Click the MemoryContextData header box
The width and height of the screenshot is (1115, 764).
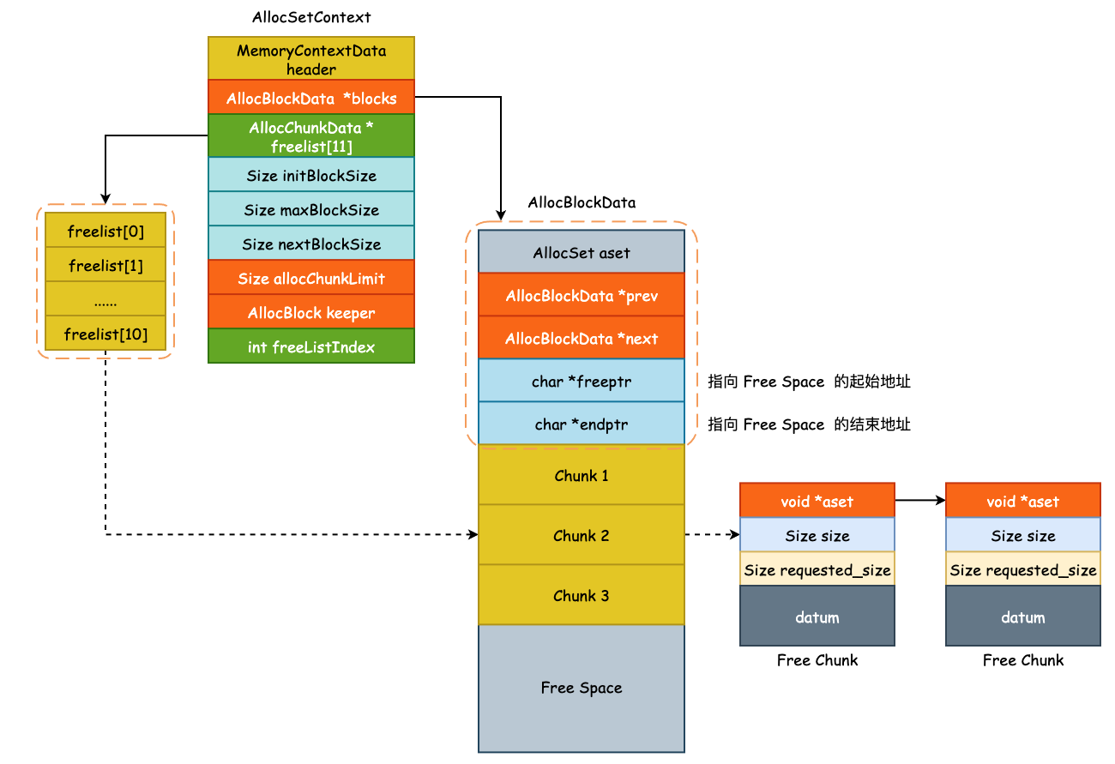(310, 59)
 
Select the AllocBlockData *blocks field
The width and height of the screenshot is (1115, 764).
(310, 99)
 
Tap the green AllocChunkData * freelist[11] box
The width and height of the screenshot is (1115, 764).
(310, 136)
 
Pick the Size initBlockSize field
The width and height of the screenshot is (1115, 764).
(310, 176)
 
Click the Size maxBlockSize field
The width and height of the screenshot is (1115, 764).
(310, 210)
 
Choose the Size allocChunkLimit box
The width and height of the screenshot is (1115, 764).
(310, 279)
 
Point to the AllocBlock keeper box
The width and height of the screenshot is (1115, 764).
(310, 313)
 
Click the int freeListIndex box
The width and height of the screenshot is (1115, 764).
(310, 347)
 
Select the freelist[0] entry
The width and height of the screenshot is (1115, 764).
(105, 232)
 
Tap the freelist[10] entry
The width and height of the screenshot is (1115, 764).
(105, 334)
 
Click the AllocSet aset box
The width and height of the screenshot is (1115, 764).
(581, 253)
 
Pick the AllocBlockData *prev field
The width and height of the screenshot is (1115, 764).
(581, 296)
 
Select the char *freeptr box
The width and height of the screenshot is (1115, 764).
(581, 382)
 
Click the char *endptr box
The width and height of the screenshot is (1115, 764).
(581, 424)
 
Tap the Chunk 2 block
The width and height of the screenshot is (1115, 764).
(581, 536)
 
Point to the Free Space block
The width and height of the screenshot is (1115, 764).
(581, 688)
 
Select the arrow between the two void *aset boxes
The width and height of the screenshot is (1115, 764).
(919, 501)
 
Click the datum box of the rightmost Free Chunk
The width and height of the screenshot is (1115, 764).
(1022, 617)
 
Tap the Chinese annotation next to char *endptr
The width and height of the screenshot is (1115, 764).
(809, 424)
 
